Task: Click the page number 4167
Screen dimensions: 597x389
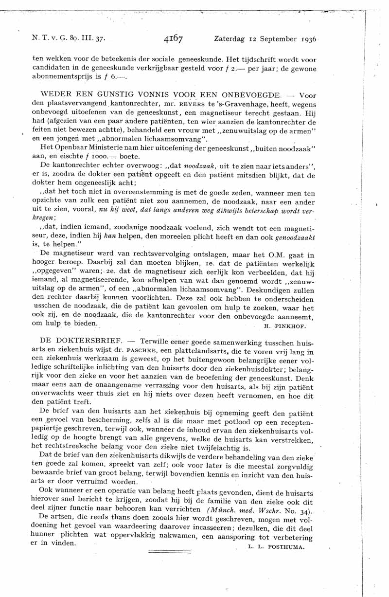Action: [173, 38]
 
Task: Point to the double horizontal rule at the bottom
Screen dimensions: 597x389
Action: [163, 552]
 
